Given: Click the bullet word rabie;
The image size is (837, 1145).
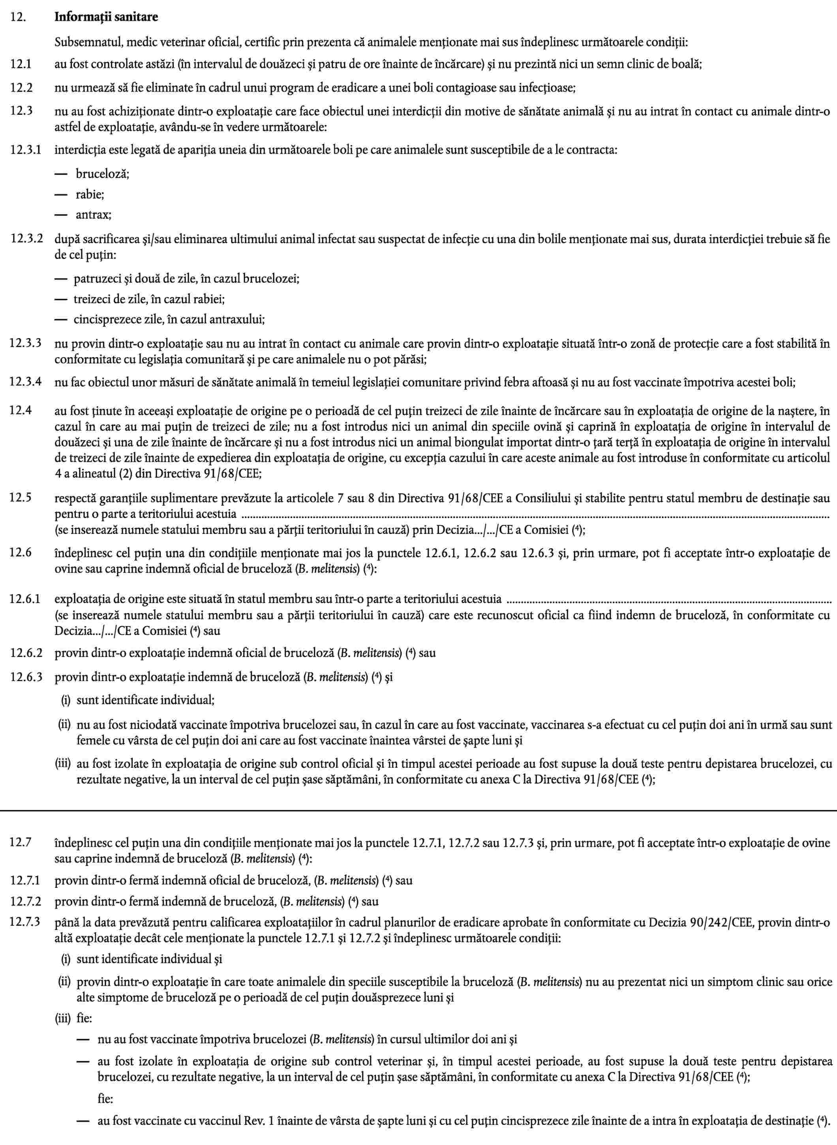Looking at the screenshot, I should pyautogui.click(x=90, y=194).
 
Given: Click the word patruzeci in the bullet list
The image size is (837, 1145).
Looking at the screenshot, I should pyautogui.click(x=96, y=278).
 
